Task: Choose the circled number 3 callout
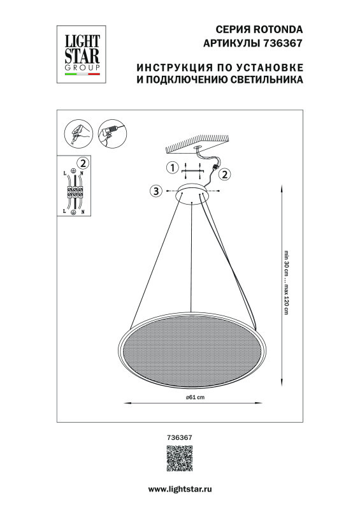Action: pos(155,191)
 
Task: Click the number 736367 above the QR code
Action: pos(179,438)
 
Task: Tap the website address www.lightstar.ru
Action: pos(180,488)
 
